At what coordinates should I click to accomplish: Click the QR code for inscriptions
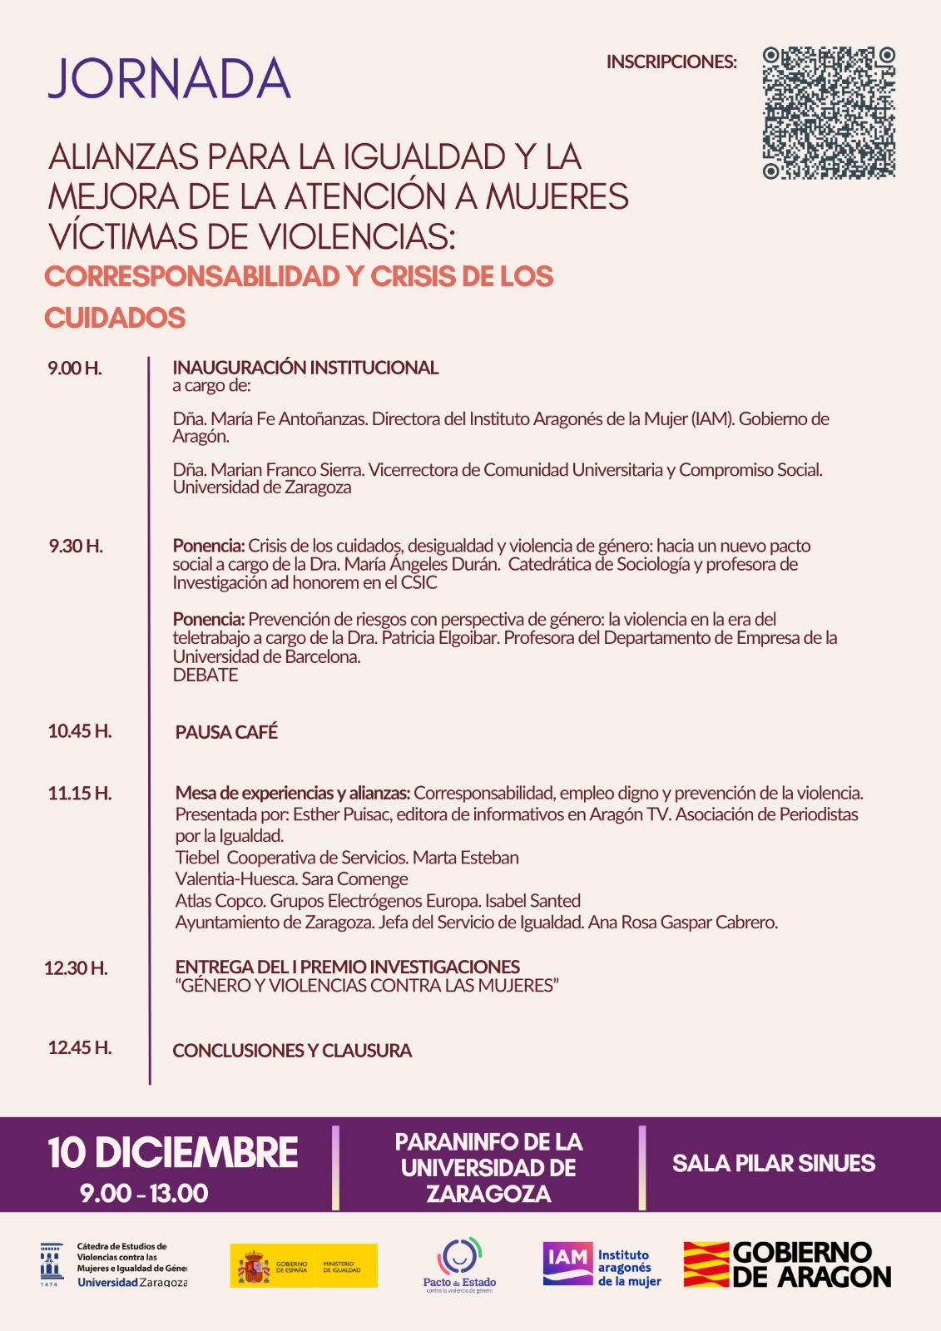tap(829, 113)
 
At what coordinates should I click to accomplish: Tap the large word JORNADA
tap(170, 80)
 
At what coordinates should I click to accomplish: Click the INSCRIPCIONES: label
tap(671, 62)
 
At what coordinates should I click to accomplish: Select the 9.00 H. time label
tap(75, 369)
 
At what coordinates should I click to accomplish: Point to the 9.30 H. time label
tap(76, 547)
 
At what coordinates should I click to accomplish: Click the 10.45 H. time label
tap(80, 731)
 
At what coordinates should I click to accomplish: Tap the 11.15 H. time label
tap(80, 794)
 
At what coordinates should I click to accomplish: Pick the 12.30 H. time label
tap(76, 968)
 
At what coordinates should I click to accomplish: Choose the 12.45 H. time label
tap(80, 1048)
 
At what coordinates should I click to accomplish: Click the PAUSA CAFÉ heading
tap(226, 732)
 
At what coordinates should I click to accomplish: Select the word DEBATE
tap(206, 675)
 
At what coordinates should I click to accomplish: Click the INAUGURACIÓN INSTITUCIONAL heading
tap(305, 368)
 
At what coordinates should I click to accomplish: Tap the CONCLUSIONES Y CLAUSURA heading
tap(292, 1051)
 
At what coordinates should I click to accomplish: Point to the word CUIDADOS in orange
tap(115, 318)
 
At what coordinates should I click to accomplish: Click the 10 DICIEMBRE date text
tap(173, 1153)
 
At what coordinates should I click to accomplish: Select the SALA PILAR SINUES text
tap(774, 1163)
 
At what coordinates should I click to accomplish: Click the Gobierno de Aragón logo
tap(787, 1265)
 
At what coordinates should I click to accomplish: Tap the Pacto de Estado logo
tap(459, 1265)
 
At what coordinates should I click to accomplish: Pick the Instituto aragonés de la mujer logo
tap(602, 1265)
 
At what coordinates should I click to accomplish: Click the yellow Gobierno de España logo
tap(304, 1265)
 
